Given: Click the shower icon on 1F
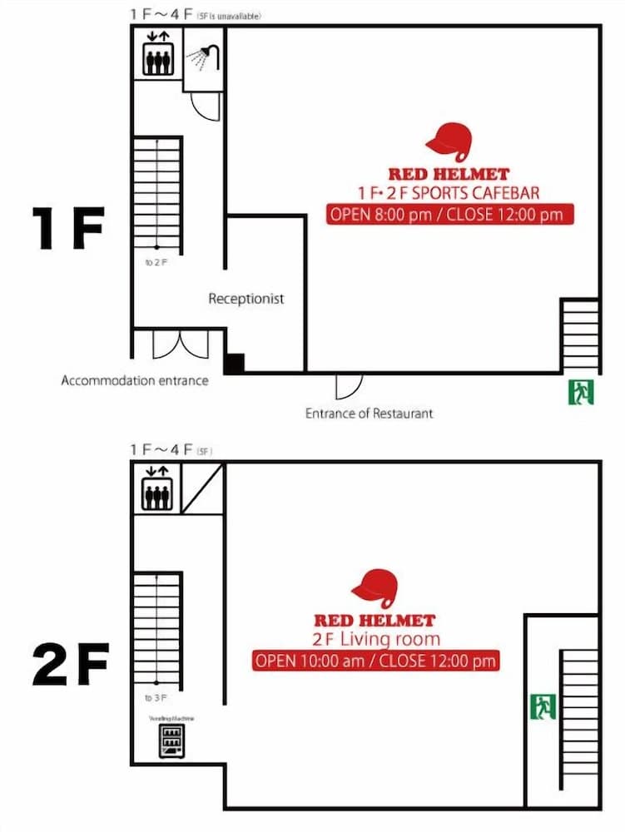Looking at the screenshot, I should pos(204,57).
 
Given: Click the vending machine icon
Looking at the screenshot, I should pos(171,740).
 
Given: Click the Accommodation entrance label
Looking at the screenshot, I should pos(135,380).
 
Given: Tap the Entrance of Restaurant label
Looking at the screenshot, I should pos(369,413).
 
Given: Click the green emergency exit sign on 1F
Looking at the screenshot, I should pos(581,391).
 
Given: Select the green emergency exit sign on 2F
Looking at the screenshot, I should pos(543,706).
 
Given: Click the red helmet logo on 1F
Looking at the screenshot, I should pos(448,140).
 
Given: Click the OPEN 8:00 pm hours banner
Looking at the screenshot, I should pos(449,214).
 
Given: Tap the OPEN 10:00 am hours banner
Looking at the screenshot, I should pos(375,661).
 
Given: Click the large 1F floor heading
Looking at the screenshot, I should pos(67,230).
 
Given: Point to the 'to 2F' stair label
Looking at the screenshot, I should pos(156,262).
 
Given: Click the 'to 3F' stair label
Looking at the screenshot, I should pos(156,697).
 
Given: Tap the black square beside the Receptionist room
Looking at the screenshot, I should pos(235,363).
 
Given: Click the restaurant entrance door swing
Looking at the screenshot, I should pos(348,385).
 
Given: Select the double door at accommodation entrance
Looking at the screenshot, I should pos(181,344).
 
